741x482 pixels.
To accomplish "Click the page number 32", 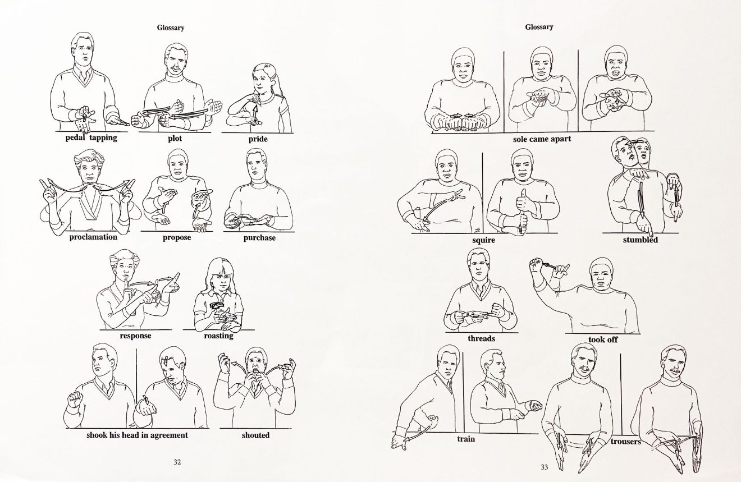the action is pyautogui.click(x=177, y=462).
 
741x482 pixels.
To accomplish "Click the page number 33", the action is pyautogui.click(x=545, y=467).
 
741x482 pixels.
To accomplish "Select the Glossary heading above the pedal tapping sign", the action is pyautogui.click(x=170, y=27).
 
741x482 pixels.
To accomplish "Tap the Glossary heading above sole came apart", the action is pyautogui.click(x=539, y=27).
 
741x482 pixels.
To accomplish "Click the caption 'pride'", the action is pyautogui.click(x=258, y=139).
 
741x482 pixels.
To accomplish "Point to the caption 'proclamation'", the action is pyautogui.click(x=93, y=237).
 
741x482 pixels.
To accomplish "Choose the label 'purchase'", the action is pyautogui.click(x=259, y=238).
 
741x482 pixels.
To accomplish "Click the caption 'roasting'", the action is pyautogui.click(x=219, y=336).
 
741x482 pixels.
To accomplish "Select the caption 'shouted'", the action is pyautogui.click(x=255, y=435).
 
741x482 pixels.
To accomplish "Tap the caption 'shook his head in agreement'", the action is pyautogui.click(x=137, y=435).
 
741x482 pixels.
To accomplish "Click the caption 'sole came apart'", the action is pyautogui.click(x=542, y=139).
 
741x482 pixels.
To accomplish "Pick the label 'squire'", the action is pyautogui.click(x=484, y=240).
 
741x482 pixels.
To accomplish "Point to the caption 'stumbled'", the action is pyautogui.click(x=641, y=240).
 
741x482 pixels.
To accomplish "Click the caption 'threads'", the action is pyautogui.click(x=481, y=338).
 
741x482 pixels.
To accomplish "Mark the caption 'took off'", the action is pyautogui.click(x=603, y=339).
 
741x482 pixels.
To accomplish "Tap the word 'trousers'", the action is pyautogui.click(x=626, y=442).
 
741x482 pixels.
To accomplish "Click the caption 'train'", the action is pyautogui.click(x=466, y=439).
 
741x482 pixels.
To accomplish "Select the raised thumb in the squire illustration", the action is pyautogui.click(x=523, y=195).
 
